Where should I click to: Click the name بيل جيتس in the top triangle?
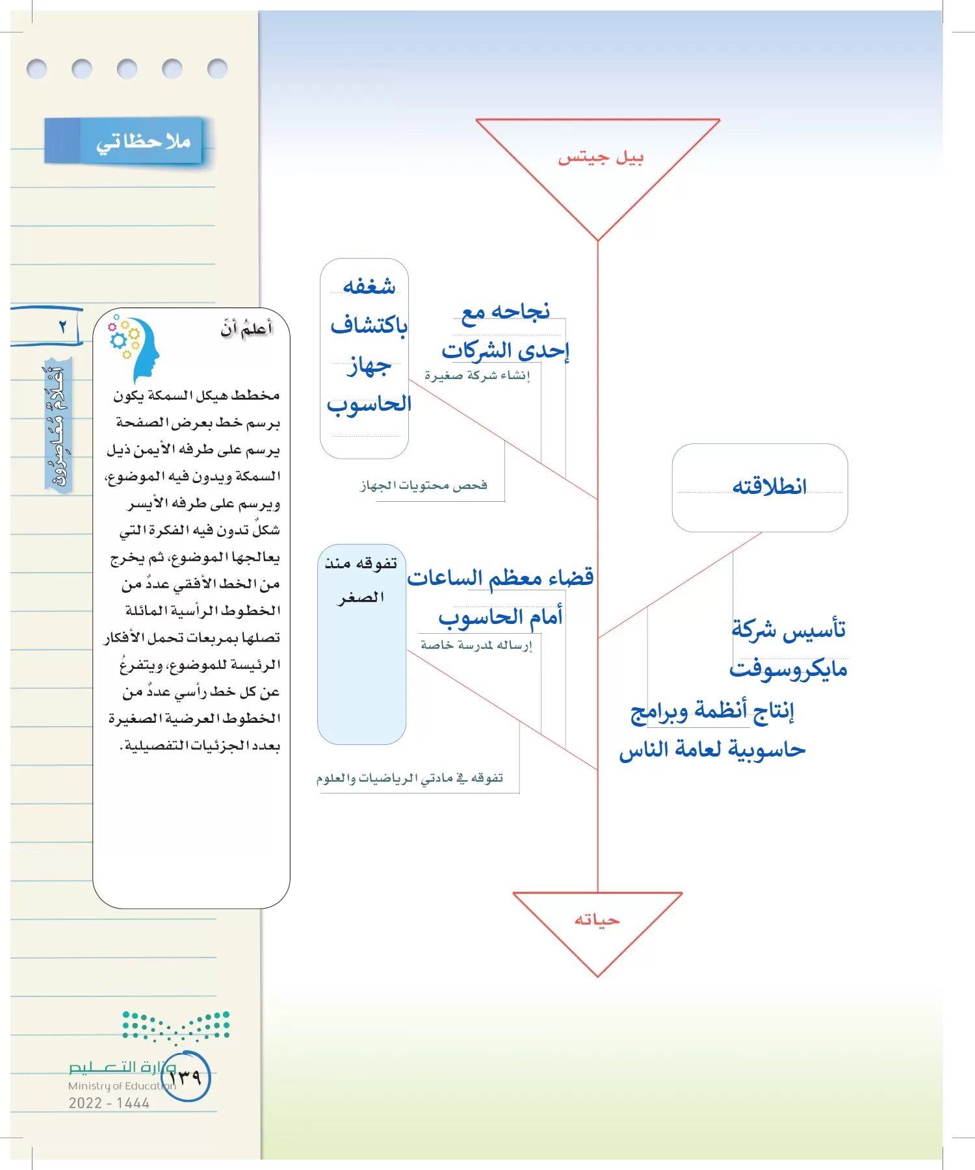(x=601, y=158)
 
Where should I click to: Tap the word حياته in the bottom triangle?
(x=597, y=920)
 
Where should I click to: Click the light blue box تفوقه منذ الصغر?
(x=361, y=643)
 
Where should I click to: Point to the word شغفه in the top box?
(x=369, y=286)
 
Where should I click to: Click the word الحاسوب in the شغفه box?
(x=369, y=404)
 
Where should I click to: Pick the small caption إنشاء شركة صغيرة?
(x=477, y=376)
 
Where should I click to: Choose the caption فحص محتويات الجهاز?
(x=424, y=486)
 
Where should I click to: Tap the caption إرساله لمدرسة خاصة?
(x=476, y=645)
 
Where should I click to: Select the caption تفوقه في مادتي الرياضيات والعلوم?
(x=409, y=778)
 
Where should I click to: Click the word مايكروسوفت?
(x=788, y=669)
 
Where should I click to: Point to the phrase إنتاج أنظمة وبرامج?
(x=712, y=710)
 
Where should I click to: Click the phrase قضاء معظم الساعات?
(x=500, y=577)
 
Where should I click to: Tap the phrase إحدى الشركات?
(x=505, y=351)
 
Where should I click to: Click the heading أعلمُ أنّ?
(x=246, y=329)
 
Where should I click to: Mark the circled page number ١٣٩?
(x=186, y=1076)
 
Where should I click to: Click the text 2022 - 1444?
(x=109, y=1103)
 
